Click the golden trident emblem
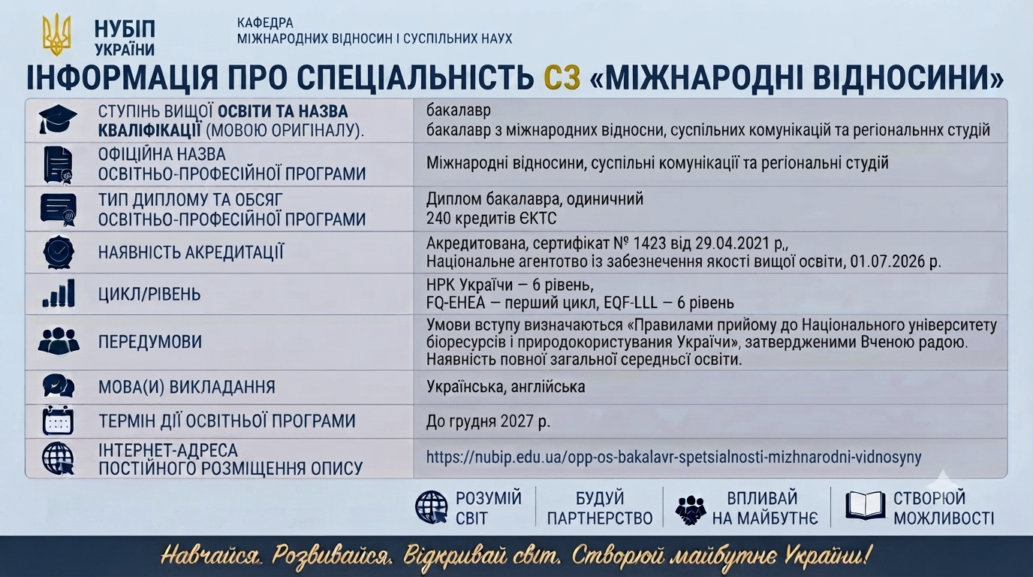pyautogui.click(x=57, y=34)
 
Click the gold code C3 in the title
pyautogui.click(x=562, y=77)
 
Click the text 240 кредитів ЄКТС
pyautogui.click(x=491, y=219)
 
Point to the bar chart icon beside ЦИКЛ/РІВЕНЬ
pyautogui.click(x=59, y=293)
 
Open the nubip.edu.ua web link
pyautogui.click(x=673, y=457)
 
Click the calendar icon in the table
pyautogui.click(x=58, y=421)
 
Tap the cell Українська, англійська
pyautogui.click(x=505, y=387)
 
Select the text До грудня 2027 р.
pyautogui.click(x=488, y=421)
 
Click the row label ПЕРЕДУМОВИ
pyautogui.click(x=150, y=342)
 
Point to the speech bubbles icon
pyautogui.click(x=59, y=385)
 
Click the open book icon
pyautogui.click(x=865, y=506)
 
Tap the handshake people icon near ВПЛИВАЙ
pyautogui.click(x=691, y=510)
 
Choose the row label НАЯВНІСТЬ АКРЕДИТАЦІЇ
pyautogui.click(x=191, y=252)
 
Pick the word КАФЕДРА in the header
pyautogui.click(x=265, y=23)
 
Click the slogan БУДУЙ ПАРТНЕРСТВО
pyautogui.click(x=600, y=508)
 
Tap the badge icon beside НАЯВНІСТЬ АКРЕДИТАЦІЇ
pyautogui.click(x=59, y=252)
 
